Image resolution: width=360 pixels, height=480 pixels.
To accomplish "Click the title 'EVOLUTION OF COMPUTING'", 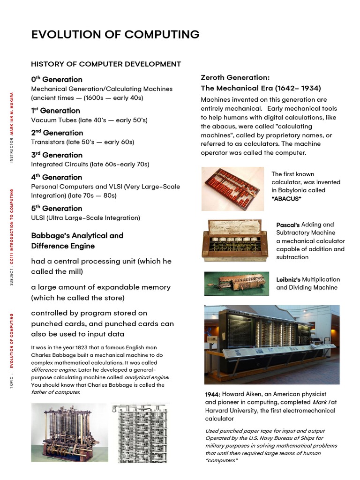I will [115, 35].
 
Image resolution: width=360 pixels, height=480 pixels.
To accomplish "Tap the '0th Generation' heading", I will [56, 79].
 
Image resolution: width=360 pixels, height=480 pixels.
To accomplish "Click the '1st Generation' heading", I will [55, 111].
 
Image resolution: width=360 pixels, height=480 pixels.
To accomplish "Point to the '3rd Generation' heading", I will [56, 155].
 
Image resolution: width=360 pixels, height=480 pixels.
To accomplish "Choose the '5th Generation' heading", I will [56, 208].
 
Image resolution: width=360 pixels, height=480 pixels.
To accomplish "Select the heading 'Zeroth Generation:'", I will [235, 77].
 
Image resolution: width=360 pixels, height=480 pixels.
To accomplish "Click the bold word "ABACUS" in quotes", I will [286, 199].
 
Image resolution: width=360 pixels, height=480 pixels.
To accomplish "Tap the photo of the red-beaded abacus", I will [232, 189].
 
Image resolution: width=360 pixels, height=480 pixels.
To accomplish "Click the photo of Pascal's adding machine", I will [235, 240].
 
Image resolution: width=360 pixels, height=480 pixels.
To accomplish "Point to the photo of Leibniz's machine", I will [237, 283].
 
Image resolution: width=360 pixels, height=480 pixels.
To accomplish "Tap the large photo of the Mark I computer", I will [272, 344].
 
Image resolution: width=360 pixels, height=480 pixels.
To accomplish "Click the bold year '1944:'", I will [213, 394].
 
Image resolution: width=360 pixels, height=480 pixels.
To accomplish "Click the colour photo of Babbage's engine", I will [69, 432].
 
